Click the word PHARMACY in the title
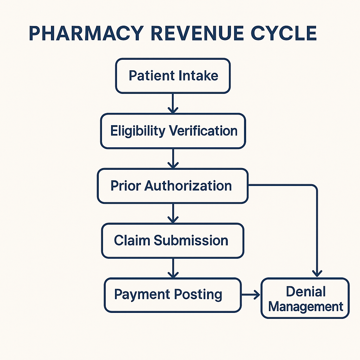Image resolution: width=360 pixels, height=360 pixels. coord(86,33)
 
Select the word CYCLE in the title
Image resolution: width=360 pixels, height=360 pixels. coord(284,33)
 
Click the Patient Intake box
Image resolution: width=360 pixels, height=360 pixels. coord(173,76)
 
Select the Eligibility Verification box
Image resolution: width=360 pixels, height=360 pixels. coord(173,131)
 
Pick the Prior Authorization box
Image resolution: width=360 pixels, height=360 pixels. coord(173,186)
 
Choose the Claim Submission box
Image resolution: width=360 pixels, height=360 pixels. coord(173,240)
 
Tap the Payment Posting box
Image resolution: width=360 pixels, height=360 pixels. coord(173,295)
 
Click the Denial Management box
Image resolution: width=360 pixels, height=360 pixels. coord(305,298)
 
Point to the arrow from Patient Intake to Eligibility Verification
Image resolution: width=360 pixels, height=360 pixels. coord(173,103)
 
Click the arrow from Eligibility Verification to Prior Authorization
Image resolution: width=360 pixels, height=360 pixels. coord(173,159)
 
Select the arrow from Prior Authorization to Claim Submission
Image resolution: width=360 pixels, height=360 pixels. coord(173,213)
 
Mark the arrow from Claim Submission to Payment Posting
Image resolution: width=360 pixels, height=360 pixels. coord(173,268)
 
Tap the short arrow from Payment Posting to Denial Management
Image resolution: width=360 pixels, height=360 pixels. coord(251,295)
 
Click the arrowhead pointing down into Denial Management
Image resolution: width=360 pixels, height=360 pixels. coord(317,274)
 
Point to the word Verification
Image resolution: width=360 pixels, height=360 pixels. coord(203,131)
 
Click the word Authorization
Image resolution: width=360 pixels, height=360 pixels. coord(188,186)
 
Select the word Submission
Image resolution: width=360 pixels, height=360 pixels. coord(191,240)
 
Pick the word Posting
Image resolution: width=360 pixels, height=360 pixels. coord(198,295)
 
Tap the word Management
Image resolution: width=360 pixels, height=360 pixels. coord(306,307)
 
